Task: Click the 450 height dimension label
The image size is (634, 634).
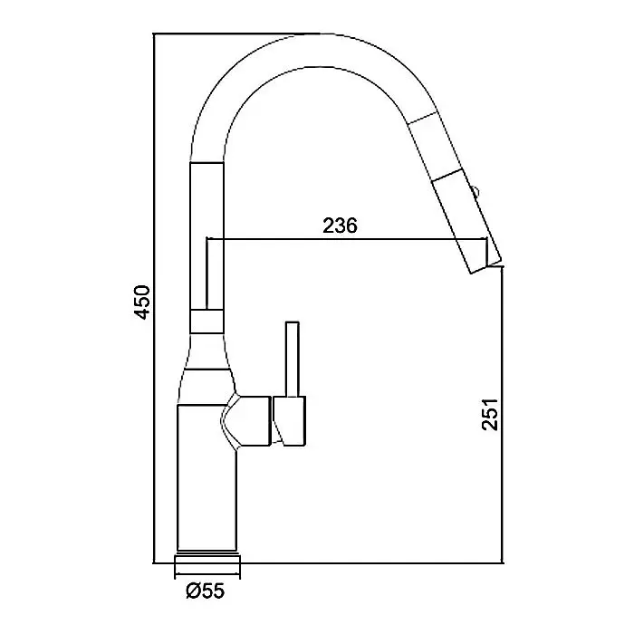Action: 142,303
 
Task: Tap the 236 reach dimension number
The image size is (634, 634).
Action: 340,226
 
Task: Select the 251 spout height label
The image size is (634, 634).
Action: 490,415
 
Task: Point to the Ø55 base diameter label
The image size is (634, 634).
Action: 205,591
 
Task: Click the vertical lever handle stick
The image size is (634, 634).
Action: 292,359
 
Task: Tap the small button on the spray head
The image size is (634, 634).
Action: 475,191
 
